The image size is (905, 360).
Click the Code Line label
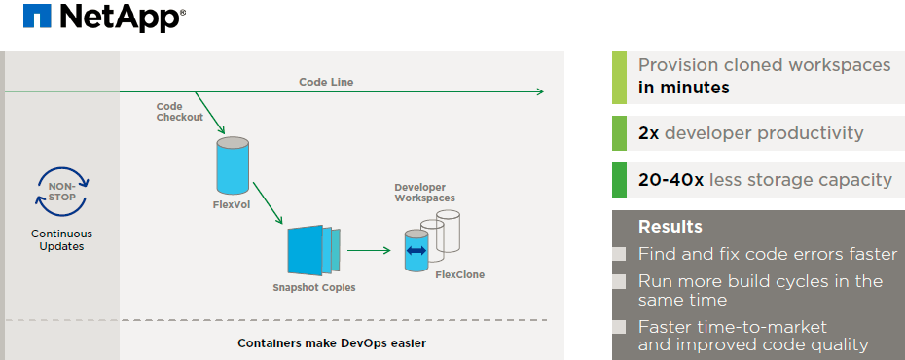326,82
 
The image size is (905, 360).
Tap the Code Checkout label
179,111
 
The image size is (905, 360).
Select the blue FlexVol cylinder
233,165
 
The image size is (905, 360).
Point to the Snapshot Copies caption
313,288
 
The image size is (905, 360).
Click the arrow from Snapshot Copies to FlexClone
368,250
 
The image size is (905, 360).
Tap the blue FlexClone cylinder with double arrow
416,251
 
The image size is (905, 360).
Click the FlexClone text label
459,275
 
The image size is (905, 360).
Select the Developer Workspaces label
424,192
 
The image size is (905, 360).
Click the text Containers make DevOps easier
332,342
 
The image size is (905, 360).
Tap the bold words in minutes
682,88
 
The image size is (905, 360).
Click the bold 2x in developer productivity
648,133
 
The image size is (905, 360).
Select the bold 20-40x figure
670,180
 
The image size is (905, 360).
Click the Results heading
670,227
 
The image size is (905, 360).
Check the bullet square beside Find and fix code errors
619,255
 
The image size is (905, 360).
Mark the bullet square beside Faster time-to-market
619,328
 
